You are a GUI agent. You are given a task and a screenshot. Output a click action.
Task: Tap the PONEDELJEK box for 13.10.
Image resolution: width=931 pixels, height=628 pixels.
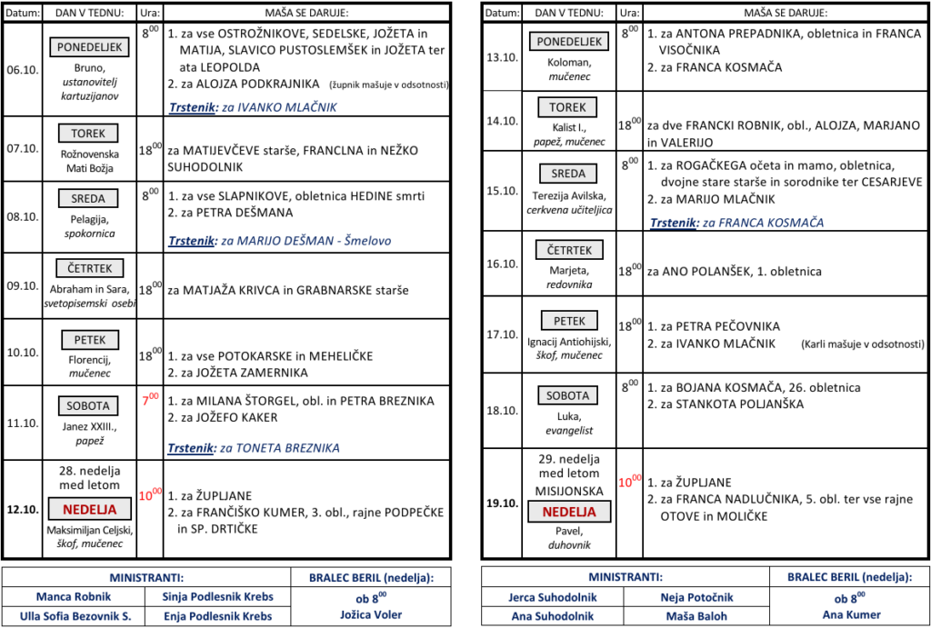tap(569, 42)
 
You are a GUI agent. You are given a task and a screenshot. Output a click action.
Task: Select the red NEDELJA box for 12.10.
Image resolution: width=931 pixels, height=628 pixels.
tap(88, 509)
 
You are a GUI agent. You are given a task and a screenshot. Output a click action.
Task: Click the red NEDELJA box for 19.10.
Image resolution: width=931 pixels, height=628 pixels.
tap(569, 511)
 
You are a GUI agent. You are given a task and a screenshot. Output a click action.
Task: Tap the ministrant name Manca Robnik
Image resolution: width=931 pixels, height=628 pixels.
tap(74, 597)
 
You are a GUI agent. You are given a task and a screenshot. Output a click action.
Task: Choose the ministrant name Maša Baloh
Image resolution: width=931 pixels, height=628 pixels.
tap(697, 616)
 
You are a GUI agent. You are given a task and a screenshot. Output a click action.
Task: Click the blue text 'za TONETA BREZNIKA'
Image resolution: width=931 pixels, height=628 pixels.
tap(280, 448)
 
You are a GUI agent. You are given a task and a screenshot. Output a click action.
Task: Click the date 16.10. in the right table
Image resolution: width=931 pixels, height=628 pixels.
tap(501, 264)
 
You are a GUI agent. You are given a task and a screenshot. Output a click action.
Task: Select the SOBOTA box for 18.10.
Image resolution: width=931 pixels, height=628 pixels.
tap(569, 395)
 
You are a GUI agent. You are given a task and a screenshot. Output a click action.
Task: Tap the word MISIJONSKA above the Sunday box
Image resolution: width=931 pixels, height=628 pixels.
tap(569, 491)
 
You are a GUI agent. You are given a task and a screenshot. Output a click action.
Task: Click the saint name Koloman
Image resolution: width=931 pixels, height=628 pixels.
tap(569, 62)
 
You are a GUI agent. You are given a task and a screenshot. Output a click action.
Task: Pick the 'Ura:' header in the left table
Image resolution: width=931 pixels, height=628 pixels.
tap(149, 13)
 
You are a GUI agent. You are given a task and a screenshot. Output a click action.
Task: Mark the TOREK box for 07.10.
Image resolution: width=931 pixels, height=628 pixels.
tap(88, 134)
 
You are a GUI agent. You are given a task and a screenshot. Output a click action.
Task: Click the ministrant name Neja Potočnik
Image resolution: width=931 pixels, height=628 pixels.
tap(697, 597)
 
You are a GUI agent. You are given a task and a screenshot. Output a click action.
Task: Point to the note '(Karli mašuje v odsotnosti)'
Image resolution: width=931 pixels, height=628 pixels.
tap(861, 344)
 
